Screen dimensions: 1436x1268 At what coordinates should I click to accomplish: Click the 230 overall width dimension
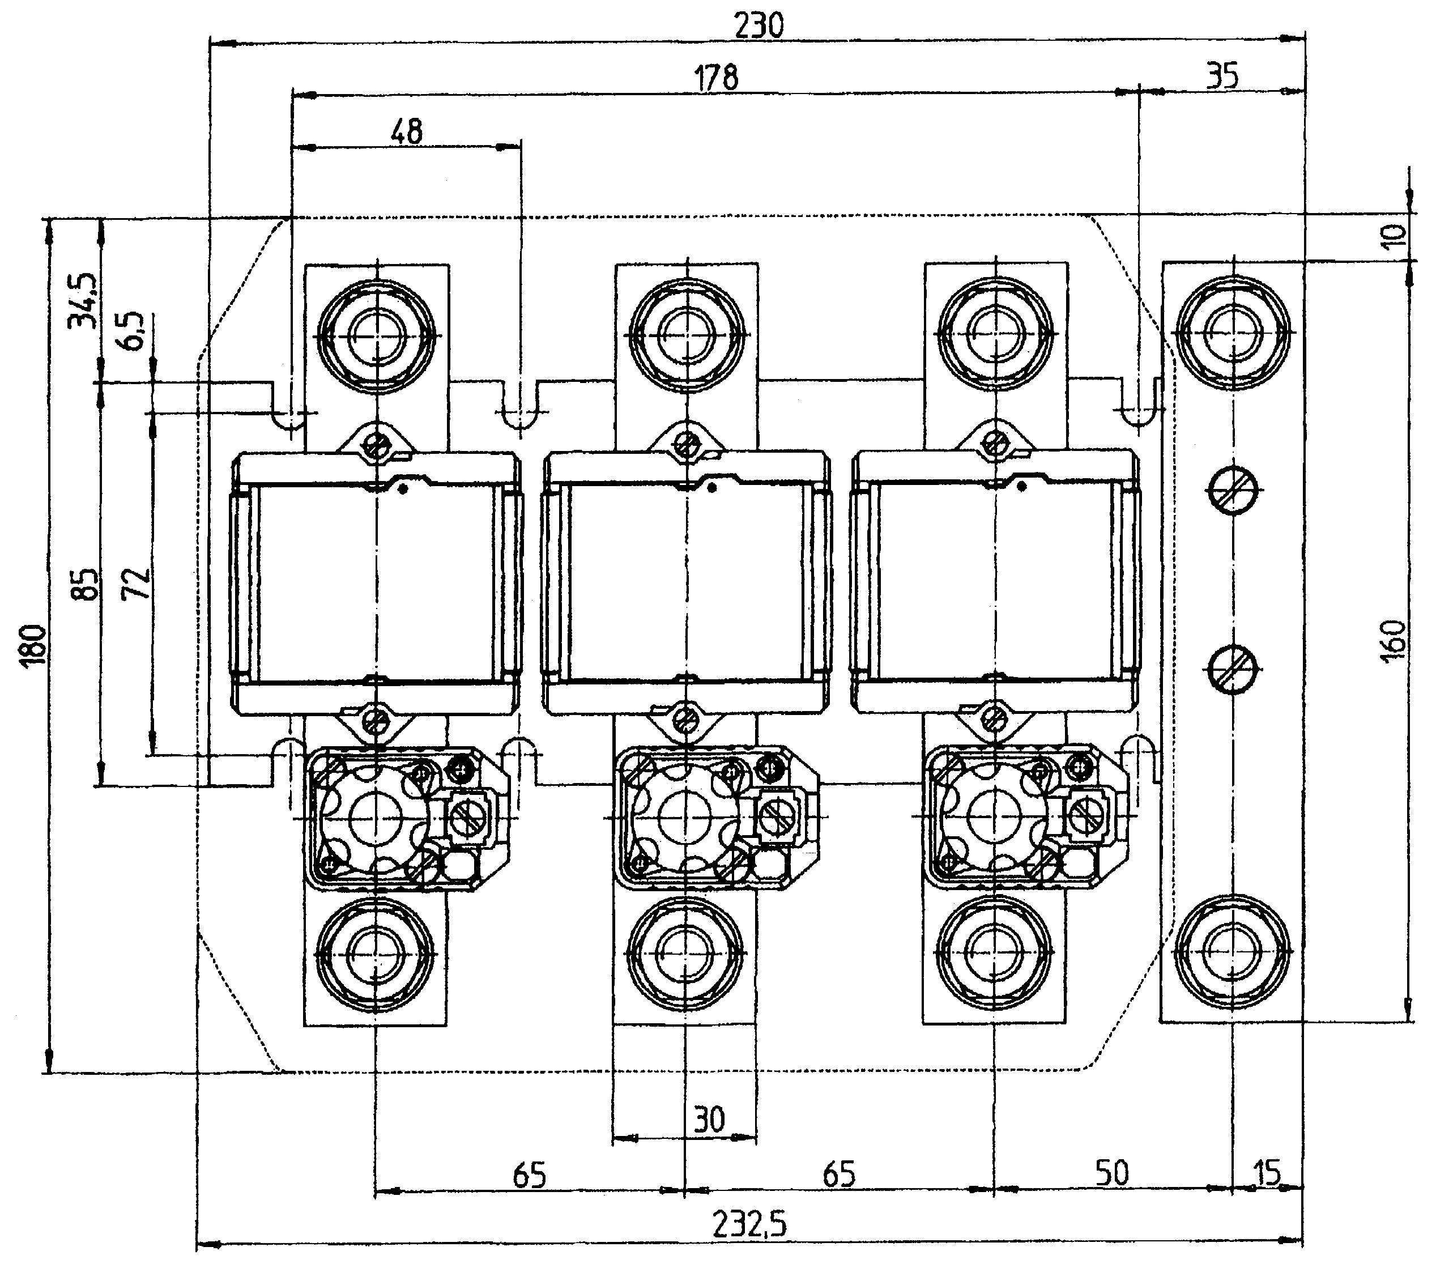tap(759, 26)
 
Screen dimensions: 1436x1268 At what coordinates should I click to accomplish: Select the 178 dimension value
tap(716, 77)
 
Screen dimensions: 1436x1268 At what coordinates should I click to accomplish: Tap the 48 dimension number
tap(407, 131)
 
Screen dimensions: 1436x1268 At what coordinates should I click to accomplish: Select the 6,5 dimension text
tap(137, 330)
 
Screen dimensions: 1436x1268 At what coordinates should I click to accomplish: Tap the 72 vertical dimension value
tap(138, 582)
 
